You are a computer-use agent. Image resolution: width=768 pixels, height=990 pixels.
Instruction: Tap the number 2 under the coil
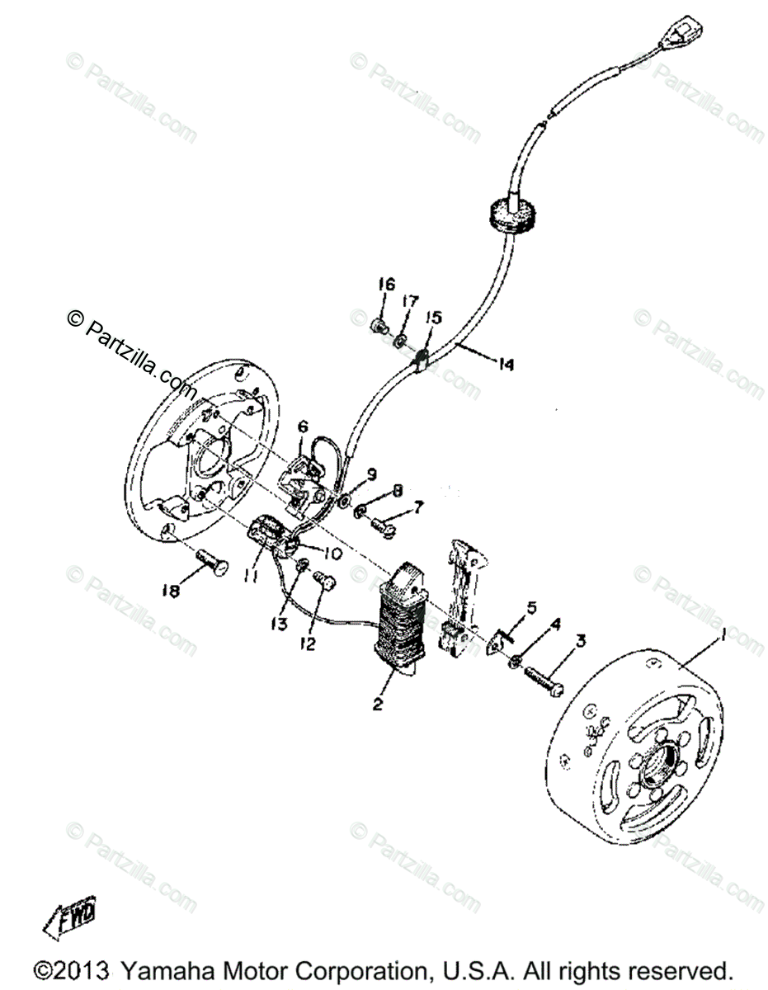[x=378, y=704]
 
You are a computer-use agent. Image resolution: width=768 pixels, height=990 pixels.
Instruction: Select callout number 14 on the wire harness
[x=505, y=363]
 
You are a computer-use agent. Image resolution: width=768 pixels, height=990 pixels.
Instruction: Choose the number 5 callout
[x=530, y=609]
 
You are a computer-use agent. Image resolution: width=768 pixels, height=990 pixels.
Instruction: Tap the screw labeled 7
[x=383, y=522]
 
